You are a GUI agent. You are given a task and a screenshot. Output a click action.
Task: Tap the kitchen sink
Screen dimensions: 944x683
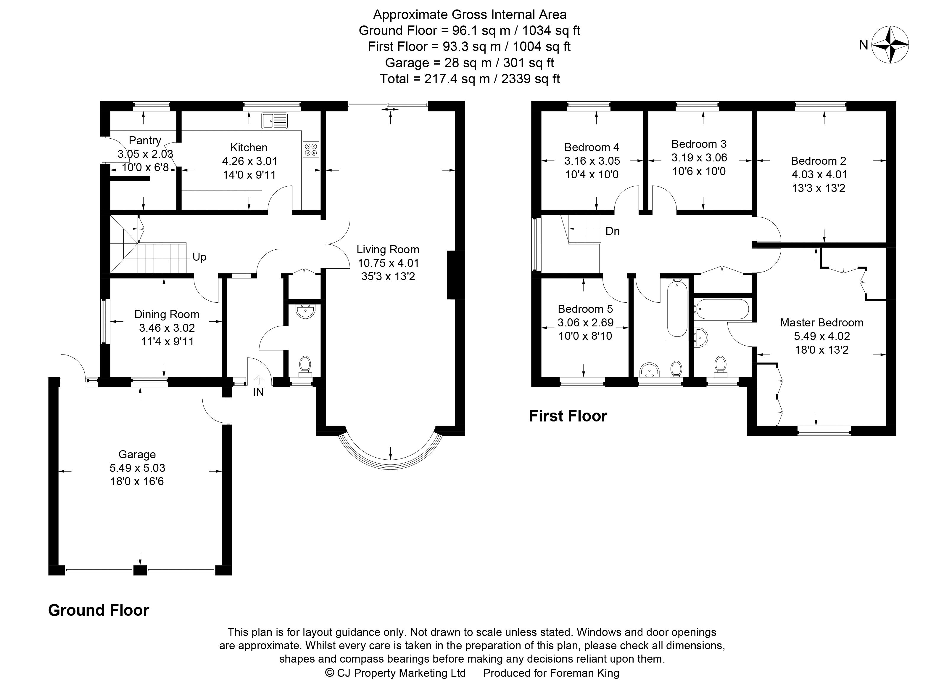tap(274, 120)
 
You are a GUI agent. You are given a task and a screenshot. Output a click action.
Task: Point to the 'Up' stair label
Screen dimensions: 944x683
tap(199, 257)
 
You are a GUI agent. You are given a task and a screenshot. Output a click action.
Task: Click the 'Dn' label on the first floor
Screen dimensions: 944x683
tap(612, 231)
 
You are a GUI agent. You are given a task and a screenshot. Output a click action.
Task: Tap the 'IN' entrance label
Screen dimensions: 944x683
tap(258, 392)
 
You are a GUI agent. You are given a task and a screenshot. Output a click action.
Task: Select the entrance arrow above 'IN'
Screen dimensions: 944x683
tap(258, 379)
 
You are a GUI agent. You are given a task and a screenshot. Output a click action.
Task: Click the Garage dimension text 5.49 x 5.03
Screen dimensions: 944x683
tap(137, 468)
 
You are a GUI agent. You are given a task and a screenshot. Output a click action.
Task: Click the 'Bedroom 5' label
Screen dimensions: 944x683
tap(585, 309)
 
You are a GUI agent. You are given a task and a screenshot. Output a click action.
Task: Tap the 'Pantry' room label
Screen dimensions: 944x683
tap(145, 140)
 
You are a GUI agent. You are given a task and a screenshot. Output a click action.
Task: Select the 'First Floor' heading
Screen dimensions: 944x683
tap(568, 416)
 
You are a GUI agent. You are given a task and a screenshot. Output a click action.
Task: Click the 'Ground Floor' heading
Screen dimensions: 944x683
tap(99, 610)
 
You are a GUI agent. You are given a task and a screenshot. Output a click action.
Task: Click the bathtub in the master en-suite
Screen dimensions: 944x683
tap(721, 309)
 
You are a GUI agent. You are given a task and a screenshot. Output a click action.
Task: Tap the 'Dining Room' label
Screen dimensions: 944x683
tap(167, 315)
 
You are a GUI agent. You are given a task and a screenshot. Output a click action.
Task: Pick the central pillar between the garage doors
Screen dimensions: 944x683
tap(140, 570)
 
